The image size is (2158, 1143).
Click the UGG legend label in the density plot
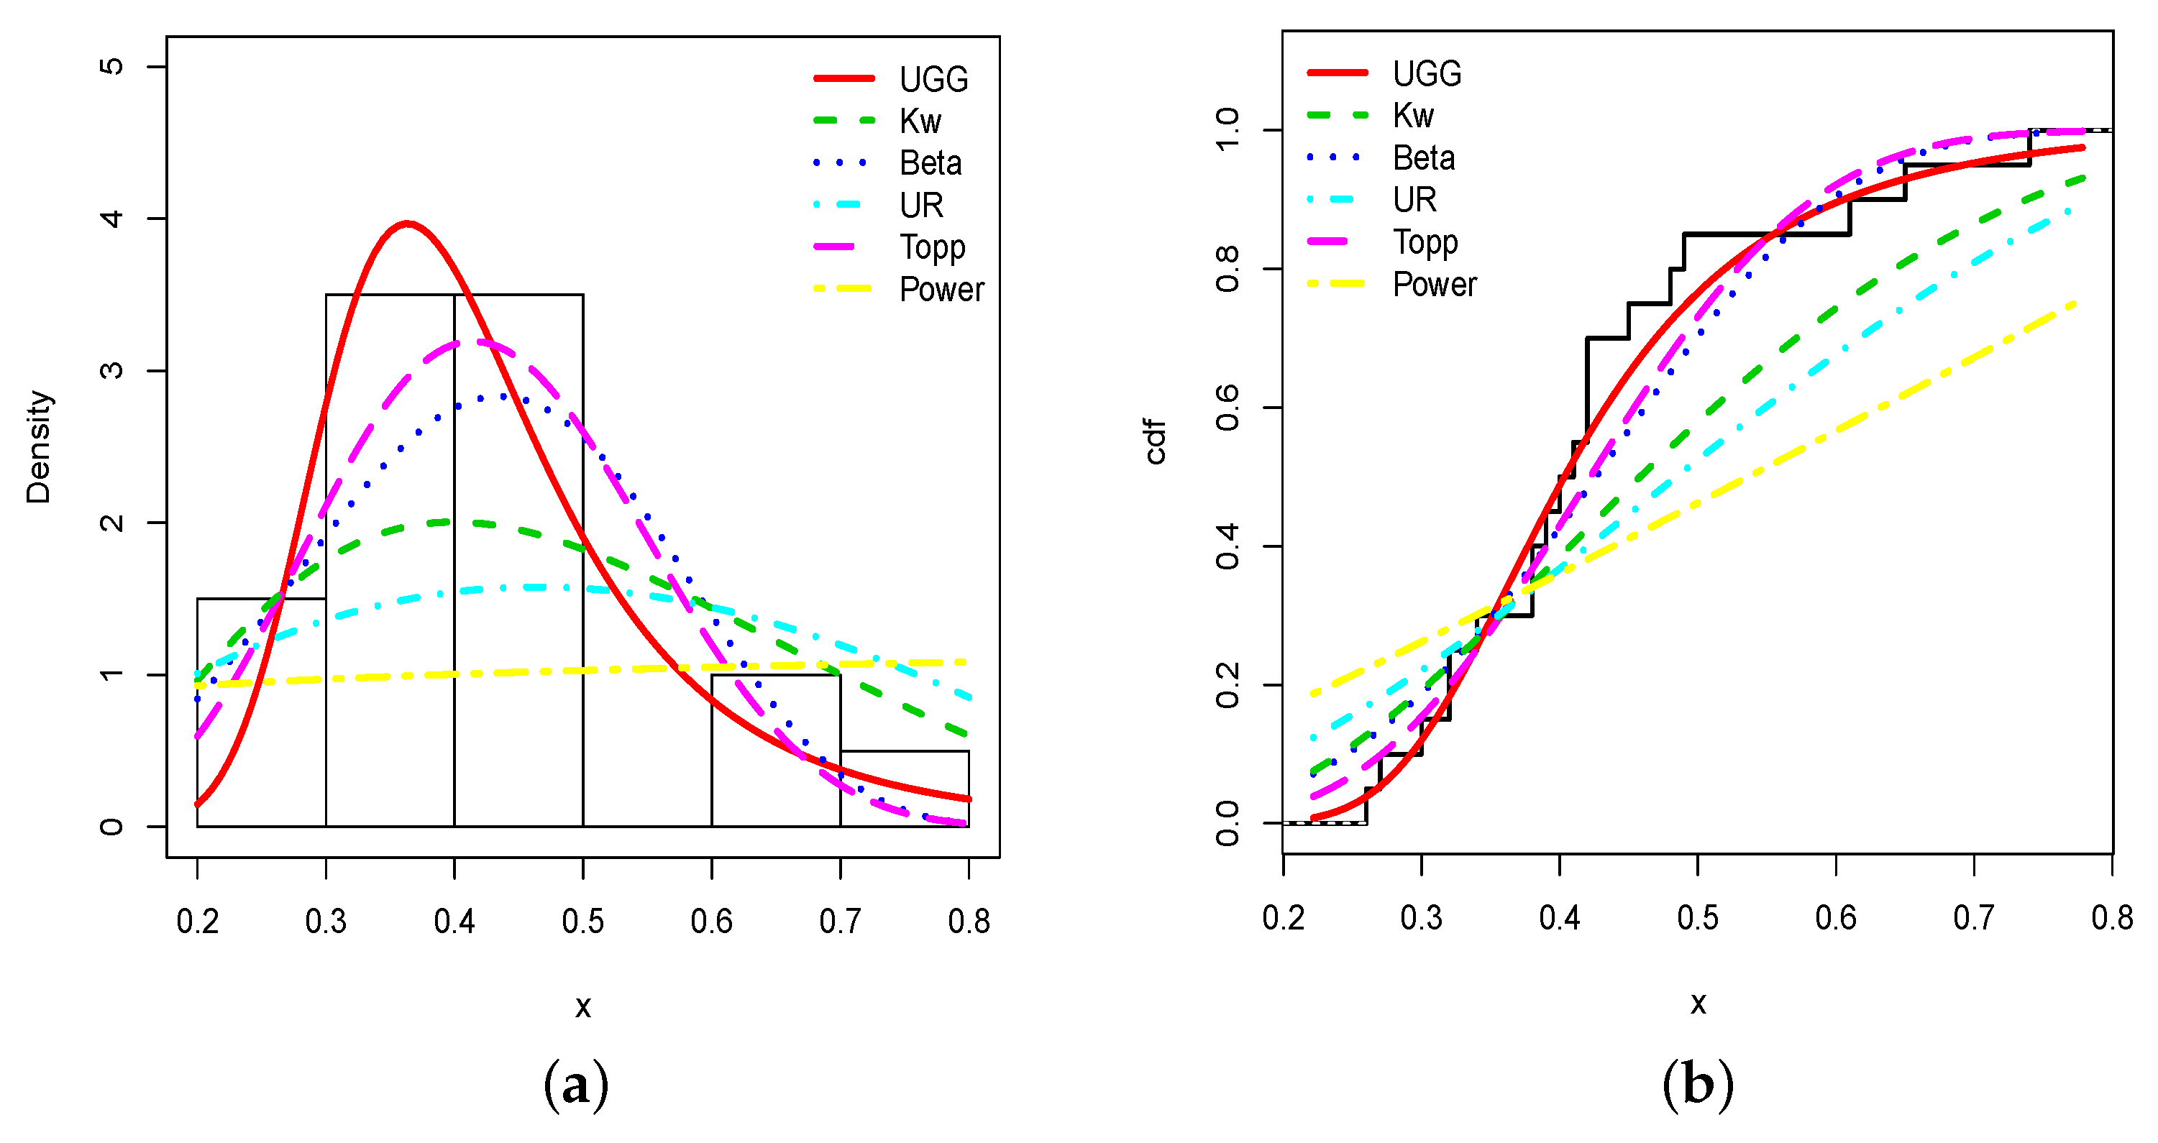coord(933,80)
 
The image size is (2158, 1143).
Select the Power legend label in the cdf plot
coord(1433,285)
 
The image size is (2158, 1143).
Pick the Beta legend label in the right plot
coord(1423,158)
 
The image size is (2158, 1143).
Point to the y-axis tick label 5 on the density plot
coord(111,66)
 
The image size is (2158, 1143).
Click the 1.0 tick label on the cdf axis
coord(1227,130)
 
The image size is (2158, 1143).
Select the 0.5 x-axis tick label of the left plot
coord(582,921)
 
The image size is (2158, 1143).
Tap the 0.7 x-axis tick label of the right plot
coord(1974,918)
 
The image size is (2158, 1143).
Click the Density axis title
coord(39,446)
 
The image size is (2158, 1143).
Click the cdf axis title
coord(1156,441)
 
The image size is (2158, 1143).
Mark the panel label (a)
coord(577,1086)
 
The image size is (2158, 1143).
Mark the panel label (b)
coord(1697,1086)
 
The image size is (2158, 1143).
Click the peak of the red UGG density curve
coord(407,224)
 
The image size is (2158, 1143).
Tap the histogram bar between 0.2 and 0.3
coord(261,712)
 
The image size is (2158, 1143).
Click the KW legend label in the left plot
coord(920,121)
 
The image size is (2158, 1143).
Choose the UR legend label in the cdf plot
coord(1414,200)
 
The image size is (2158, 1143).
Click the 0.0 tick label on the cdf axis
coord(1227,823)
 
